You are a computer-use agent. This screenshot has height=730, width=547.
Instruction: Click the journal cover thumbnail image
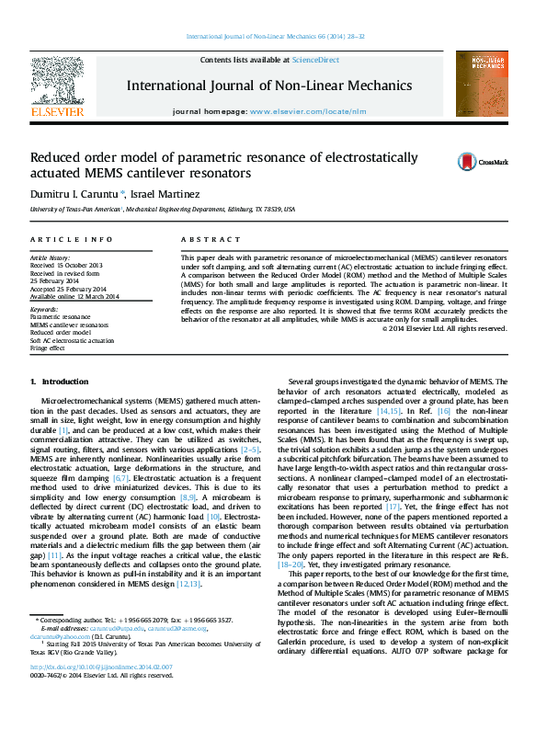pos(482,84)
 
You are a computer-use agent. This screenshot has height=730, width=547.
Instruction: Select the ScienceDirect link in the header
pos(315,60)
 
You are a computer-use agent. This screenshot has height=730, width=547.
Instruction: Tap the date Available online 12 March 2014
pos(76,297)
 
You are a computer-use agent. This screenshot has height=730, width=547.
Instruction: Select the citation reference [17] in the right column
pos(393,505)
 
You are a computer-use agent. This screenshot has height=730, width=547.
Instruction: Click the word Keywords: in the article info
pos(46,311)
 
